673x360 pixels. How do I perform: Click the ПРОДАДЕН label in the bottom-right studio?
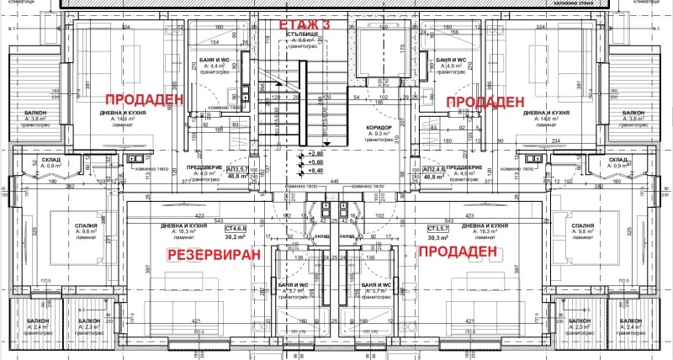pos(453,252)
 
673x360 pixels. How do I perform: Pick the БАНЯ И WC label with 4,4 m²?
pos(223,60)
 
